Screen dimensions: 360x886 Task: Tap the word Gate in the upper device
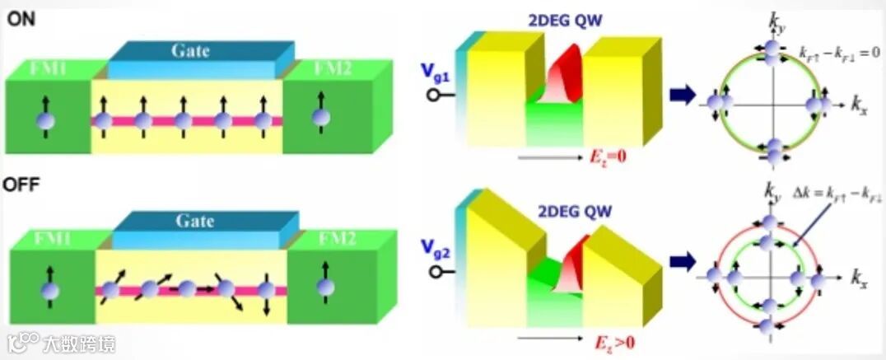point(190,51)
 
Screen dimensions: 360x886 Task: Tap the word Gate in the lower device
point(194,222)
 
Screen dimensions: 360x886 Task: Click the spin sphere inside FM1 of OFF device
point(47,289)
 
